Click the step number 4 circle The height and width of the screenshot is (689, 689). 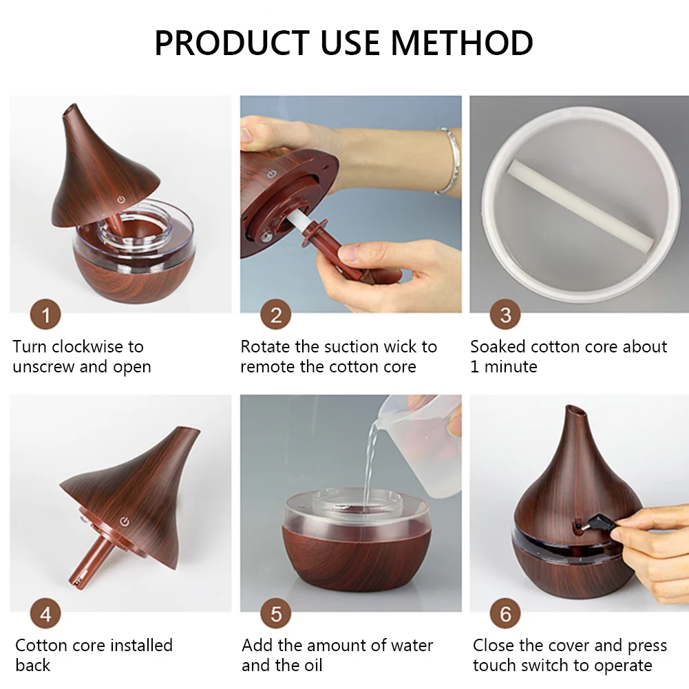(46, 614)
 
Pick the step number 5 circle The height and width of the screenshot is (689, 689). (276, 614)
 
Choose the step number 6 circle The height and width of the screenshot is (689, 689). (505, 614)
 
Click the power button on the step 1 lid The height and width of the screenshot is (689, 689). (121, 199)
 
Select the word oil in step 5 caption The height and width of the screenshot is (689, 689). (311, 666)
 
